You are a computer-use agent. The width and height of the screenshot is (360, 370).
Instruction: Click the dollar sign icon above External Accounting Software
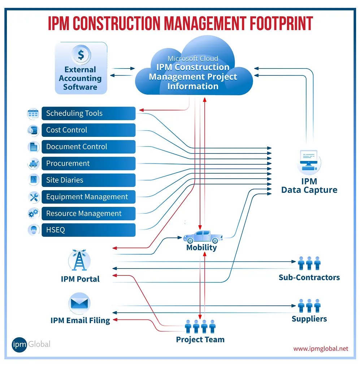tap(81, 55)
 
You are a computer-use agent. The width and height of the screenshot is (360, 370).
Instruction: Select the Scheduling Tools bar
tap(88, 113)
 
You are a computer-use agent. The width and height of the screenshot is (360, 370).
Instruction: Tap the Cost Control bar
tap(88, 130)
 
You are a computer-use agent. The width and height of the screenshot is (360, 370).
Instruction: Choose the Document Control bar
tap(88, 147)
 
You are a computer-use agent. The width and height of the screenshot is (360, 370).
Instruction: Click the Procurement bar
tap(88, 163)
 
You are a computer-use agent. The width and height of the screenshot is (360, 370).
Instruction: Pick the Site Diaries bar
tap(88, 180)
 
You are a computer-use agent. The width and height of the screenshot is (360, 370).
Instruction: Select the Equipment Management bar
tap(88, 197)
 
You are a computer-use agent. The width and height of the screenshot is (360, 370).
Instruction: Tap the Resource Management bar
tap(88, 213)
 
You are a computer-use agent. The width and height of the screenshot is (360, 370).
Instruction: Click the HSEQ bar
tap(88, 230)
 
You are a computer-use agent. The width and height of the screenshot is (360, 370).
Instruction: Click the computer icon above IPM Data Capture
tap(309, 161)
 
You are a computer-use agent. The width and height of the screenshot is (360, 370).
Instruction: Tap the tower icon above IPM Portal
tap(79, 261)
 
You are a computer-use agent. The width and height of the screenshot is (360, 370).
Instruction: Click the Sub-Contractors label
tap(309, 278)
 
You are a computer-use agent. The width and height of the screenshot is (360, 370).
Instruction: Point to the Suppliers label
tap(309, 319)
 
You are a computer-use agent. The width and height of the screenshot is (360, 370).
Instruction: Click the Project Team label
tap(200, 340)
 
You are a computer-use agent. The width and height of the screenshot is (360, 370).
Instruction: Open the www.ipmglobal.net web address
tap(321, 349)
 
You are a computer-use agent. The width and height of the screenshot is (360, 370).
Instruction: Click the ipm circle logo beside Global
tap(19, 344)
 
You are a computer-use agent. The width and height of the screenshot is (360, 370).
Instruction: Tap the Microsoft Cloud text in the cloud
tap(193, 58)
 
